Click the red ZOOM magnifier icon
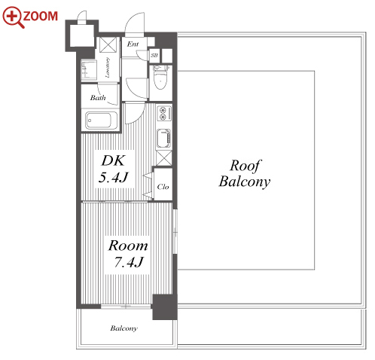click(x=13, y=17)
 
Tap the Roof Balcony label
click(x=244, y=173)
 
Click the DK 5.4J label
click(x=113, y=169)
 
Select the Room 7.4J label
click(x=128, y=254)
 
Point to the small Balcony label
click(x=123, y=328)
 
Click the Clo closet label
click(x=163, y=187)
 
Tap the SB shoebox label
click(x=154, y=55)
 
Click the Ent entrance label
click(x=133, y=44)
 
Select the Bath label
click(x=98, y=97)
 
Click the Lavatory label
click(x=107, y=67)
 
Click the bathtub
click(x=102, y=121)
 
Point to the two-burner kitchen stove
click(x=164, y=113)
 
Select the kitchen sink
click(x=163, y=139)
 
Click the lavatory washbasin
click(x=89, y=69)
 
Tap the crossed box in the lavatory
click(x=108, y=44)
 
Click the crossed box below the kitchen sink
click(x=164, y=158)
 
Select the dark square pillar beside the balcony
click(x=165, y=307)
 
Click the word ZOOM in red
click(x=40, y=16)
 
